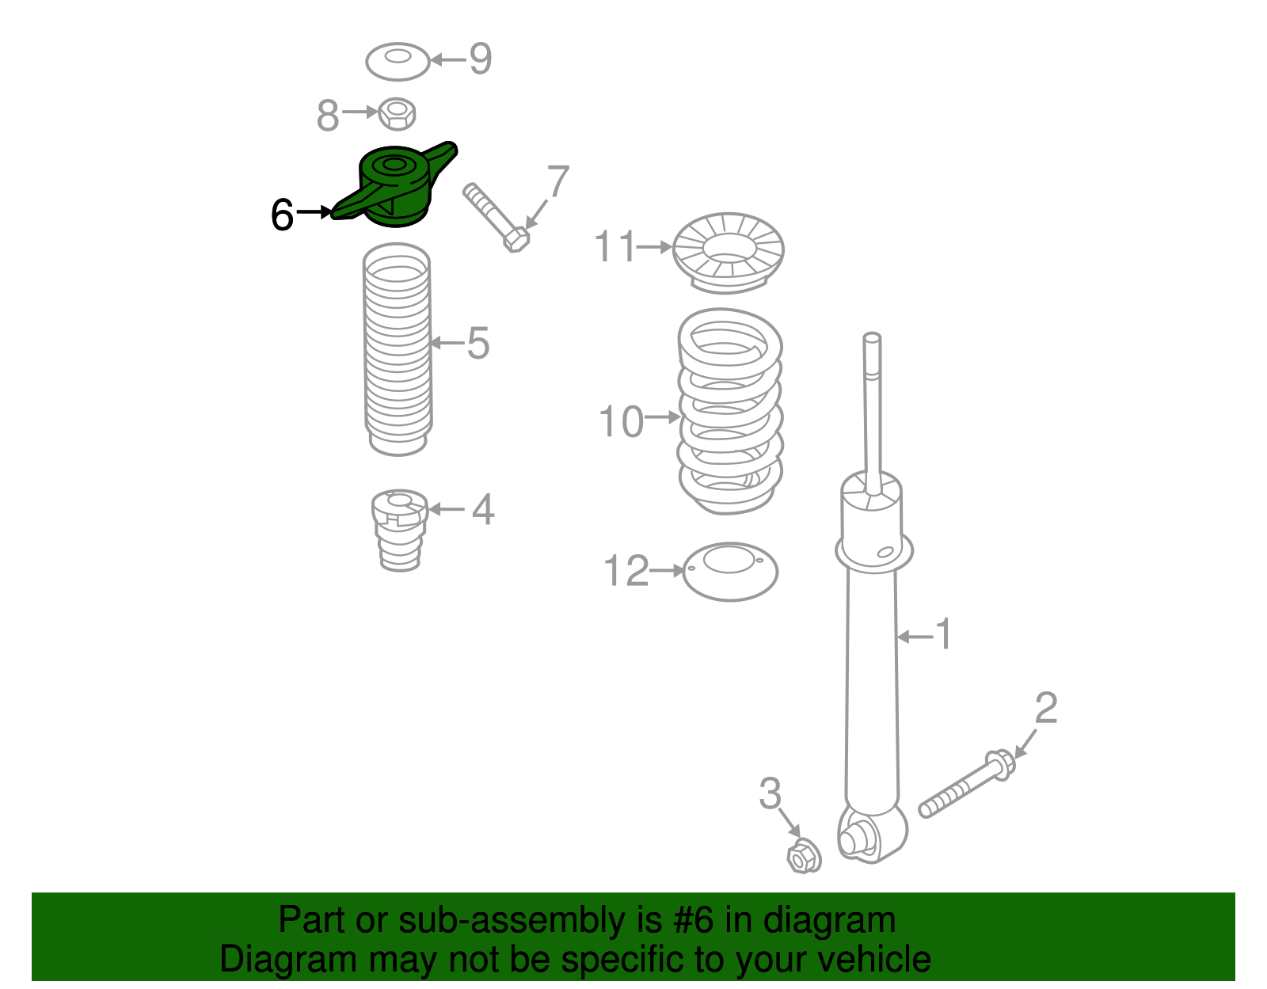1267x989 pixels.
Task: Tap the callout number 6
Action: (282, 215)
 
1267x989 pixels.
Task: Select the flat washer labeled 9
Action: (398, 62)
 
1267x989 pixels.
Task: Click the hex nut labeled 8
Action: (397, 114)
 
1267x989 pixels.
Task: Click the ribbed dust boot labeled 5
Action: (398, 348)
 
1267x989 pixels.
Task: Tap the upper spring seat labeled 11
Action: (728, 252)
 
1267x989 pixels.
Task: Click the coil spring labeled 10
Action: (729, 412)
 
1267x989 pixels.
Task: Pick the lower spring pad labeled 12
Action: (729, 571)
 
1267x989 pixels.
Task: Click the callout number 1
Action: (942, 634)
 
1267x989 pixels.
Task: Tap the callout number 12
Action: (626, 571)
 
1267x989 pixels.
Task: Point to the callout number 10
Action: (621, 421)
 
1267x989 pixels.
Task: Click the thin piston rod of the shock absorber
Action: (873, 404)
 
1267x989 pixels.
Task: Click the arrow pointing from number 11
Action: (655, 247)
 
